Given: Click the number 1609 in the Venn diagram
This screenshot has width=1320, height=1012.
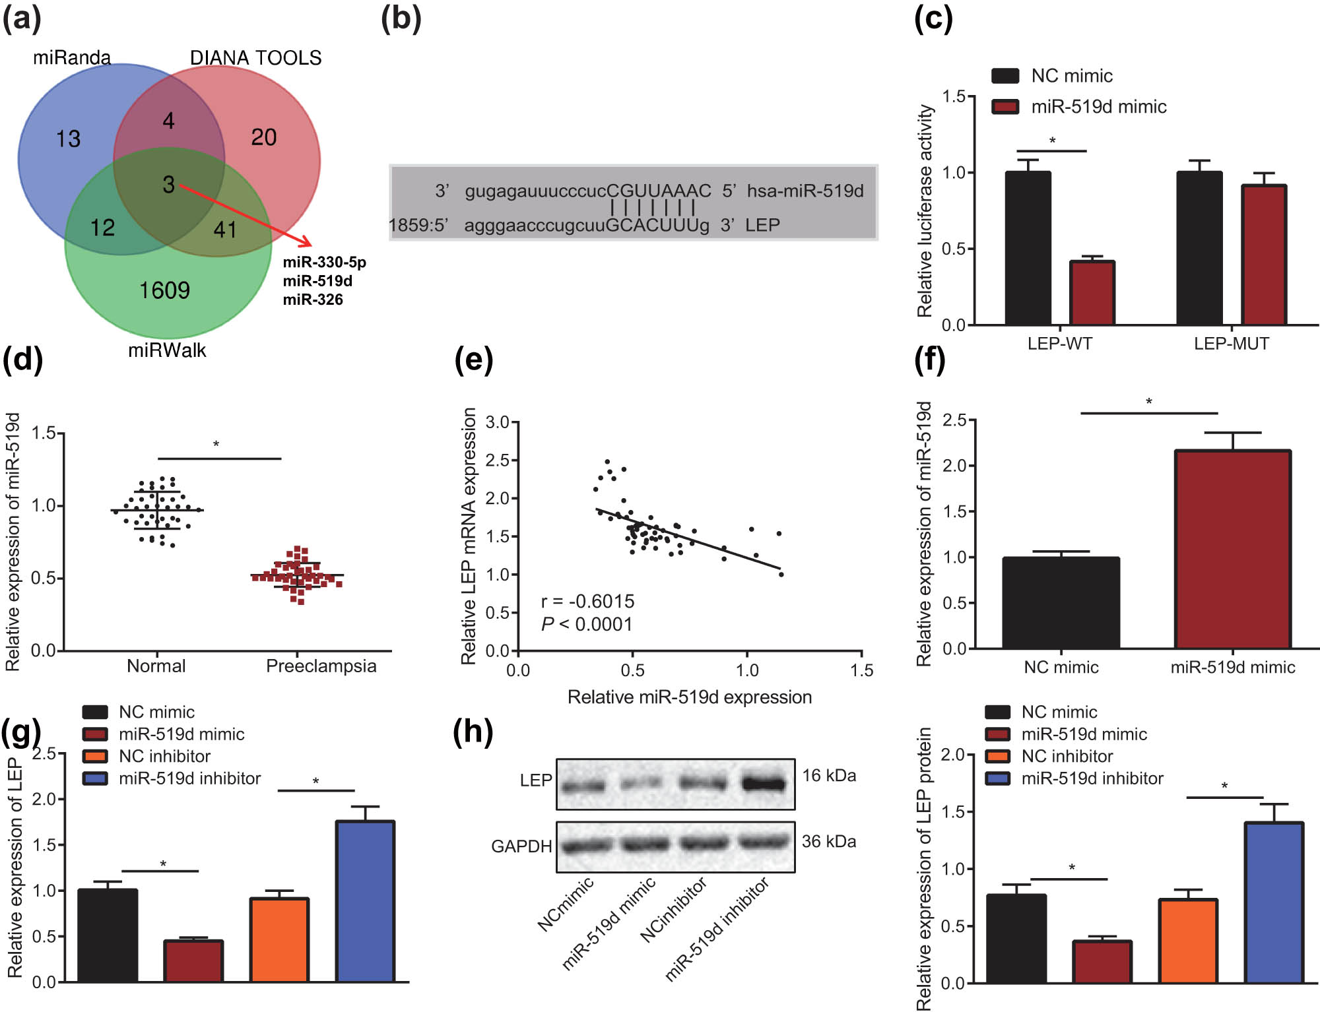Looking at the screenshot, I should coord(164,290).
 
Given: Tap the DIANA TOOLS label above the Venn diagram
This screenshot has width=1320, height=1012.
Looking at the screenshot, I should coord(255,58).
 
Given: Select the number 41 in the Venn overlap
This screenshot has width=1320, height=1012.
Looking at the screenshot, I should coord(225,230).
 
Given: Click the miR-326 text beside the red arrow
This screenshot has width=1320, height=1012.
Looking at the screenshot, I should coord(313,300).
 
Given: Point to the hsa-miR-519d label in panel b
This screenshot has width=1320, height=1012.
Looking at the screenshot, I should coord(805,191).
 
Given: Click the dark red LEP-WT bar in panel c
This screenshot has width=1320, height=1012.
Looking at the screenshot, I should coord(1092,293).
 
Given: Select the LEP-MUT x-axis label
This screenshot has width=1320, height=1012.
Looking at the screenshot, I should coord(1231,344).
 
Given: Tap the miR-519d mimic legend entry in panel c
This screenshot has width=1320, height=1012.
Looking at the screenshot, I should coord(1098,107).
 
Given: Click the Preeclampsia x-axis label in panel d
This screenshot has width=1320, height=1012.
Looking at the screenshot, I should coord(321,666).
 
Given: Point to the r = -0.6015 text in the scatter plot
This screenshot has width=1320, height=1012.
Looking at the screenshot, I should coord(587,602).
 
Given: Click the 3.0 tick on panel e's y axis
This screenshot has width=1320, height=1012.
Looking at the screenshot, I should coord(497,422).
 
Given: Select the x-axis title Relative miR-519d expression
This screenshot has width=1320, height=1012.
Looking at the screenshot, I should coord(689,697).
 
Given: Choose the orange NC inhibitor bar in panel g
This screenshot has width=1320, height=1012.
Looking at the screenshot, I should coord(279,939).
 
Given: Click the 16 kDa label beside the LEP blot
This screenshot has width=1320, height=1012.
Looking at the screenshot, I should coord(829,776).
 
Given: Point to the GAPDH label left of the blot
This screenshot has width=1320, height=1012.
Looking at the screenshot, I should coord(521,846).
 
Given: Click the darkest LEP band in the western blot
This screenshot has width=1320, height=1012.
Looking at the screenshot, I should coord(764,784).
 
